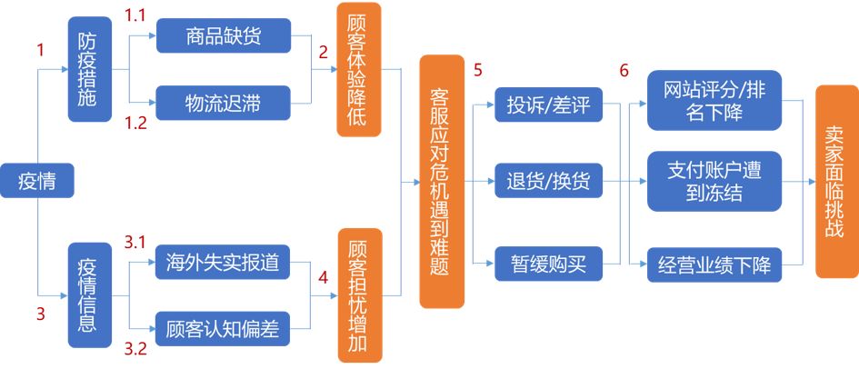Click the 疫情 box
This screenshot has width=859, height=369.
tap(36, 181)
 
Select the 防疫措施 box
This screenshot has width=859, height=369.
tap(88, 69)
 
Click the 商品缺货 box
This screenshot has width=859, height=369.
tap(223, 37)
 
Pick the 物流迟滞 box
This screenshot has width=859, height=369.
tap(223, 103)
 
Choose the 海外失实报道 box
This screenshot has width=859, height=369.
tap(223, 264)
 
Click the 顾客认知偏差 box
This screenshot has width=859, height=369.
tap(223, 328)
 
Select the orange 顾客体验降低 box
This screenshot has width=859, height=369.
tap(358, 69)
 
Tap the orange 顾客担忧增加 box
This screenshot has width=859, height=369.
tap(358, 294)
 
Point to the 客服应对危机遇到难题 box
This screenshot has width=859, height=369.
tap(442, 181)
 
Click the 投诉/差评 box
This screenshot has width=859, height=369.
tap(548, 106)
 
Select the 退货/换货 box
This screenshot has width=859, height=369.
tap(548, 181)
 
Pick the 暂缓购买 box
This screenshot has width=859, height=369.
tap(548, 264)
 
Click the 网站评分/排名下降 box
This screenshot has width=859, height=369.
tap(714, 99)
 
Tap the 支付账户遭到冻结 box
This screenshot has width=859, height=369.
tap(714, 181)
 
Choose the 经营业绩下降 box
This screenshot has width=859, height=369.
tap(714, 265)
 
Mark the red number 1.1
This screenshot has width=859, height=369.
tap(135, 15)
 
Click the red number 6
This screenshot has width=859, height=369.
tap(624, 70)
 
